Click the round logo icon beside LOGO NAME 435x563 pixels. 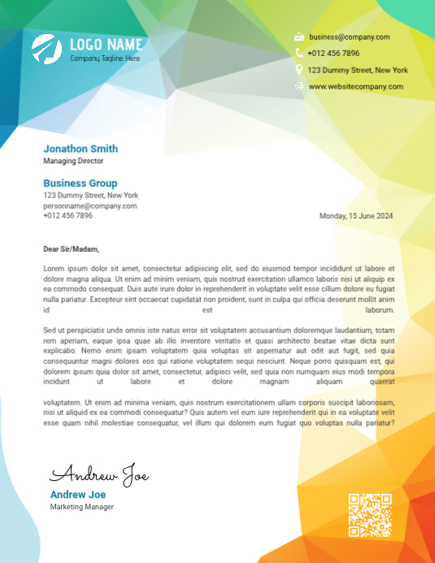pos(46,50)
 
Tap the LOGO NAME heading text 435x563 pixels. pos(106,45)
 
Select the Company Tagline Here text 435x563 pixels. pos(105,58)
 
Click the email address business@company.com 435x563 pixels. pos(349,37)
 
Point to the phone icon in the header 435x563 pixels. pos(298,53)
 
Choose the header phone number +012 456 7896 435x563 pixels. pos(333,53)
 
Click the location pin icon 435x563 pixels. pos(298,70)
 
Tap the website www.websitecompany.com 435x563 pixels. pos(355,86)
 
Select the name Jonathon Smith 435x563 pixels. pos(80,149)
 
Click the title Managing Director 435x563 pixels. pos(73,161)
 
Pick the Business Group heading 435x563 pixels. pos(80,184)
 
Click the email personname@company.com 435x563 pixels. pos(89,206)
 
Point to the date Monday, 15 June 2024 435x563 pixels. pos(356,216)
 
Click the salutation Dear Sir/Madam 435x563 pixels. pos(72,249)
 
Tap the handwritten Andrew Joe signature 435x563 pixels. pos(99,474)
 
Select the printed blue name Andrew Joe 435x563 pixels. pos(78,495)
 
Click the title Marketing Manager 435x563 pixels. pos(82,507)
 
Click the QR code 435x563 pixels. pos(370,515)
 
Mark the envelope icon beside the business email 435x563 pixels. pos(298,37)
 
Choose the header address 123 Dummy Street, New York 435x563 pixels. pos(358,70)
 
